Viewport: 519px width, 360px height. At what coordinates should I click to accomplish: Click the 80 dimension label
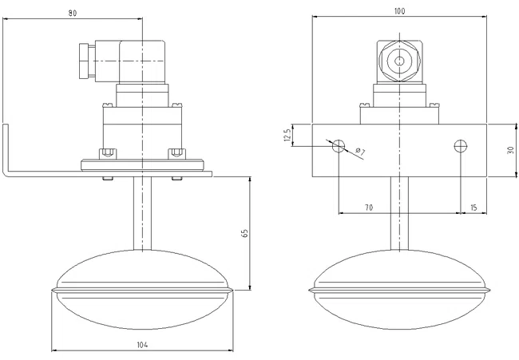pos(73,14)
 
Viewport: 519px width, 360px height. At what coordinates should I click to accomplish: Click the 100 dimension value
pos(399,11)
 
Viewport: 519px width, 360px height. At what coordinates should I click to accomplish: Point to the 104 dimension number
pos(142,345)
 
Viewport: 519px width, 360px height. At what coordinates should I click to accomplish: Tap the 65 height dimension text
pos(244,233)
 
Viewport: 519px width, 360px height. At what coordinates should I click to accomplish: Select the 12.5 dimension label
pos(287,135)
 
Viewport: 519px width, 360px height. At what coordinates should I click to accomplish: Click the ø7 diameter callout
pos(360,152)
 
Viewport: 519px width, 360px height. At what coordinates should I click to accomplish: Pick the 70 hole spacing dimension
pos(369,208)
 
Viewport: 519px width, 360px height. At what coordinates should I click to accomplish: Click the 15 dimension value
pos(473,208)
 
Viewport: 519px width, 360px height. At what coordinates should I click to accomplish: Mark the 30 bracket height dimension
pos(510,151)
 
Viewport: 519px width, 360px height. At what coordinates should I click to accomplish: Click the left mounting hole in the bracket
pos(339,145)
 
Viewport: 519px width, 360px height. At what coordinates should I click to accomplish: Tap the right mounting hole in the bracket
pos(461,145)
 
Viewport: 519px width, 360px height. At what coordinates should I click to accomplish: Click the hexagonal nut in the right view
pos(400,61)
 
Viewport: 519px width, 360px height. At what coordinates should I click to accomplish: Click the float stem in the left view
pos(142,213)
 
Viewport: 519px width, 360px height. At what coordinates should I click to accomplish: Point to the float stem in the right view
pos(399,213)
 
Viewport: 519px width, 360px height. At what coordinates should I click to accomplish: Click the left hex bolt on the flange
pos(108,154)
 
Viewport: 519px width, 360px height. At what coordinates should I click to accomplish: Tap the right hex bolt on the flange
pos(176,154)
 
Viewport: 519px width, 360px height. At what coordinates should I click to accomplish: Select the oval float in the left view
pos(142,291)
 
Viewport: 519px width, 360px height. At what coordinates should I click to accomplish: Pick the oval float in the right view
pos(399,291)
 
